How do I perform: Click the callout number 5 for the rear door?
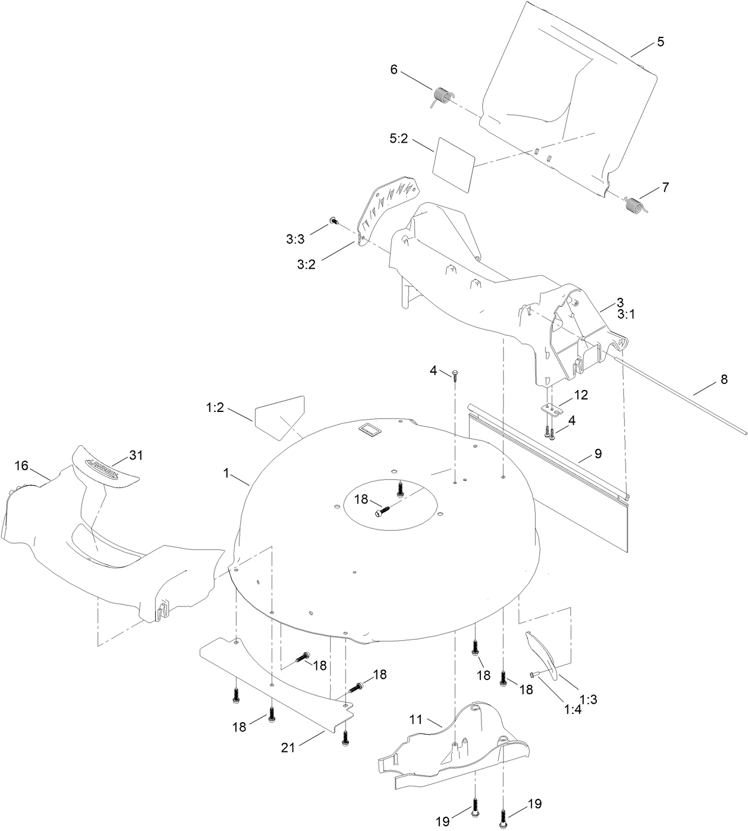click(x=660, y=42)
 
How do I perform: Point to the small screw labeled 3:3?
click(x=334, y=221)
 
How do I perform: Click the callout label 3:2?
click(x=307, y=265)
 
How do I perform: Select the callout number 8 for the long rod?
click(x=724, y=379)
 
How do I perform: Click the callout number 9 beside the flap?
click(x=598, y=454)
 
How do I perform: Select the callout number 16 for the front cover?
click(x=21, y=465)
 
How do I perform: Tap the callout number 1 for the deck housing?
click(x=226, y=473)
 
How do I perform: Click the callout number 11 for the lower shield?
click(x=415, y=720)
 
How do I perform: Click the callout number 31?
click(x=136, y=456)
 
